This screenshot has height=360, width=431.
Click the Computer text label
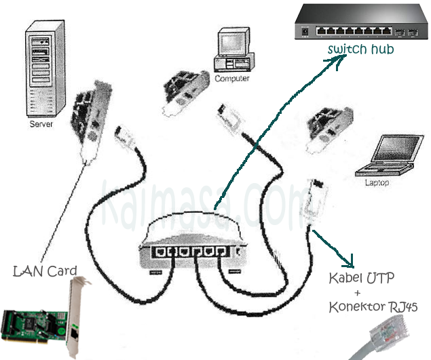232,79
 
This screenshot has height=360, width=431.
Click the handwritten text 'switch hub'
360,50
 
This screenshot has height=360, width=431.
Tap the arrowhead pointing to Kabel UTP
352,261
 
